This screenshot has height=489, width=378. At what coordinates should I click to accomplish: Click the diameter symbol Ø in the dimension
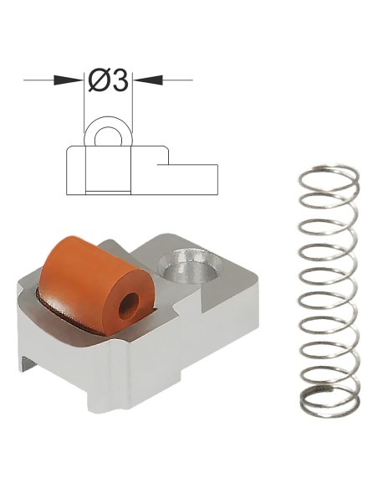click(x=97, y=80)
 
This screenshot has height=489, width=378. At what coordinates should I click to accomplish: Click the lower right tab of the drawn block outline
click(x=196, y=178)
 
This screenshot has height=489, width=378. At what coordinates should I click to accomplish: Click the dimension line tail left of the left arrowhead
click(x=38, y=80)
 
